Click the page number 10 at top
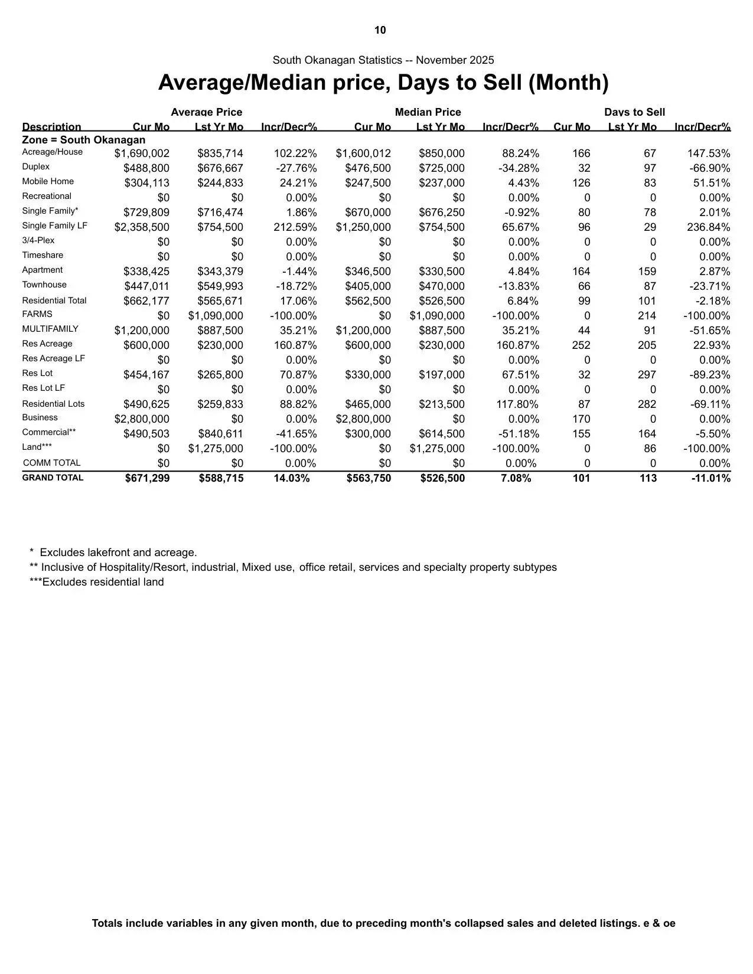[380, 30]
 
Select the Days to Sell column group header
[634, 112]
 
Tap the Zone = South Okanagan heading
[83, 140]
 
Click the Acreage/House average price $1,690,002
[142, 153]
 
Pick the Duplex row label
[36, 167]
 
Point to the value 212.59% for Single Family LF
[295, 227]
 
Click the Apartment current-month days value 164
[581, 272]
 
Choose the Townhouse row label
[44, 285]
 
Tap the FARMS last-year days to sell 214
[647, 316]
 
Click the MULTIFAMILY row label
[50, 329]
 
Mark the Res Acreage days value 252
[581, 345]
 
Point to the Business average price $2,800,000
[142, 419]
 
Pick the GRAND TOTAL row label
[53, 478]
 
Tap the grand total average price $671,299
[147, 478]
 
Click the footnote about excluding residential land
[97, 582]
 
